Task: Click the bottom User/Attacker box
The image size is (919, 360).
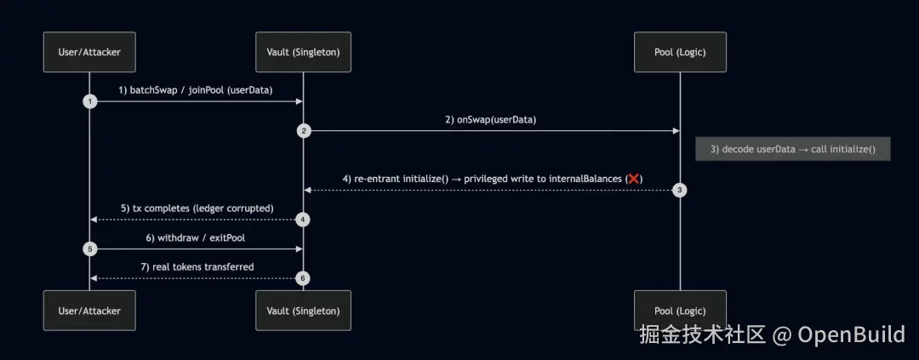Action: tap(89, 311)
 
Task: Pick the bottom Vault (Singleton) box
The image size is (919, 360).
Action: tap(304, 311)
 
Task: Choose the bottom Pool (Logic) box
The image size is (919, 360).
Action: tap(680, 311)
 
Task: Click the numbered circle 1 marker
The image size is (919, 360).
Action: tap(89, 101)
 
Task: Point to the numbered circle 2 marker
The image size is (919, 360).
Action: tap(304, 131)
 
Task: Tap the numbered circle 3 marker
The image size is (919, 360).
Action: tap(680, 191)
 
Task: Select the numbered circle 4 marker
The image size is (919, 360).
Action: tap(304, 220)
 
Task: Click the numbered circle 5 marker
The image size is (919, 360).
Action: tap(89, 249)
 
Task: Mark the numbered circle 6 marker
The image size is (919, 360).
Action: tap(304, 279)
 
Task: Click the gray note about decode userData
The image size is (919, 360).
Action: tap(792, 149)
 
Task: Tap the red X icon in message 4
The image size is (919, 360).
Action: tap(633, 179)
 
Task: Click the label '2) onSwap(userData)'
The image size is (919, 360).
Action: tap(490, 119)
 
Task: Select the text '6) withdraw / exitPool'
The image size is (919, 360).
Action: tap(196, 237)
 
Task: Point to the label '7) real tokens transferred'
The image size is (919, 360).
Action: tap(197, 267)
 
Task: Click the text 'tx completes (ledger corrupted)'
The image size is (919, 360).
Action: tap(203, 208)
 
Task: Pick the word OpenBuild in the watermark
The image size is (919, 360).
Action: tap(851, 334)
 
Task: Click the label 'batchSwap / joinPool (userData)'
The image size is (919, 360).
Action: tap(201, 89)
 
